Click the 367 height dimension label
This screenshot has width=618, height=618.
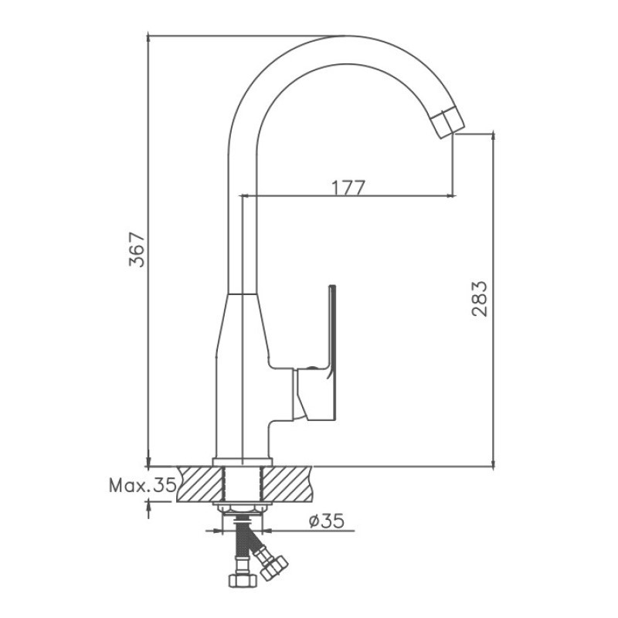pos(138,250)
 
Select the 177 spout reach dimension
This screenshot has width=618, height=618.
pos(348,188)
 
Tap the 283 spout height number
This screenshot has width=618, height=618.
pos(480,299)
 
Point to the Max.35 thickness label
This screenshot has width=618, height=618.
pos(143,485)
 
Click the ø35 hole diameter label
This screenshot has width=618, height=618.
pos(327,521)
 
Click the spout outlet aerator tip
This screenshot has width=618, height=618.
pos(448,124)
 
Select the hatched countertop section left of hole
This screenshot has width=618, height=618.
pos(200,484)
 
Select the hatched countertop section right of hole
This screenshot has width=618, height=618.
pos(287,484)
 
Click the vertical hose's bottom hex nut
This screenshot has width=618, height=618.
pos(243,580)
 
